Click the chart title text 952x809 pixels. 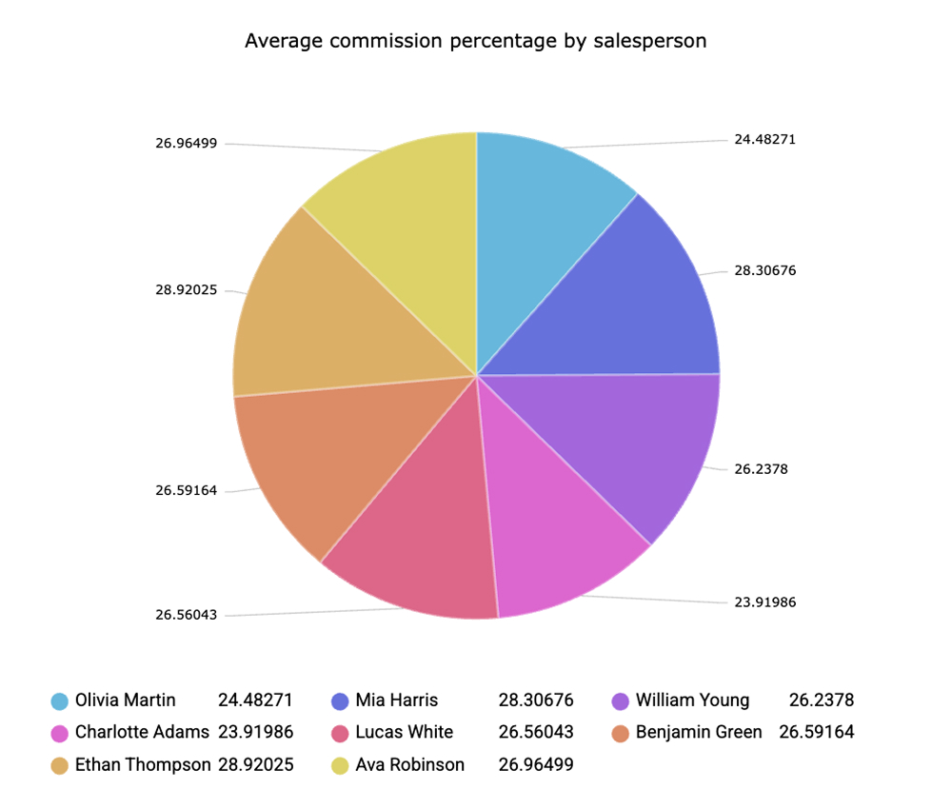pyautogui.click(x=475, y=41)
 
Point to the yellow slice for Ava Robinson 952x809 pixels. pyautogui.click(x=409, y=219)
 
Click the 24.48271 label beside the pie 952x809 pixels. pyautogui.click(x=764, y=139)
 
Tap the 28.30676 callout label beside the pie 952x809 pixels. pyautogui.click(x=764, y=270)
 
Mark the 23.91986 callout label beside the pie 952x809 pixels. pyautogui.click(x=764, y=602)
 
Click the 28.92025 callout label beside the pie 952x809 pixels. pyautogui.click(x=187, y=290)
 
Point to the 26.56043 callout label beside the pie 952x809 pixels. pyautogui.click(x=187, y=615)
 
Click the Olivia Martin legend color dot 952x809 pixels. pyautogui.click(x=59, y=701)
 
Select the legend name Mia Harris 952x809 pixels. pyautogui.click(x=397, y=700)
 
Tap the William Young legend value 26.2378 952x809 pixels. pyautogui.click(x=822, y=700)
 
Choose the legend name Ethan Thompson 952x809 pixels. pyautogui.click(x=143, y=765)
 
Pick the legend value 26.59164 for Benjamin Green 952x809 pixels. pyautogui.click(x=816, y=733)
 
